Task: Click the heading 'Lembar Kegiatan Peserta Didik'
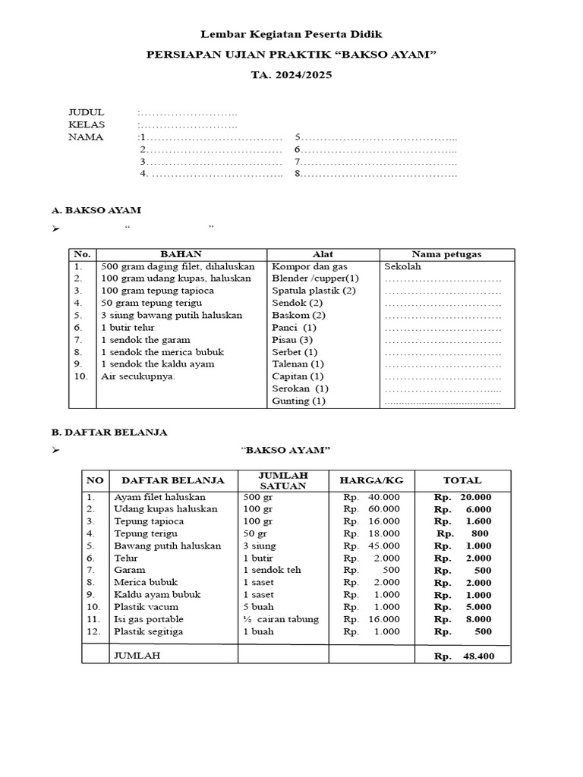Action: [291, 34]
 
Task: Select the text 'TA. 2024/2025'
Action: [291, 75]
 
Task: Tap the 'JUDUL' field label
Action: [86, 112]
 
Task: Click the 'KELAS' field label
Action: [87, 124]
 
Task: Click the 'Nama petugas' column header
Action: [446, 254]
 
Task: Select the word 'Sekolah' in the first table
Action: [402, 266]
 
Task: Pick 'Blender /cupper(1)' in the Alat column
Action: [315, 278]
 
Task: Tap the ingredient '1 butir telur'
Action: [127, 327]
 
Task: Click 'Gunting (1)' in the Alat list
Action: [298, 401]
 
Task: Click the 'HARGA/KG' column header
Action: [371, 480]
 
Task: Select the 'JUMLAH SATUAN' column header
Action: [283, 480]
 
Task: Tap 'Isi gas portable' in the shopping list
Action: [148, 619]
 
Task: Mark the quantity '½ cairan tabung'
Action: [281, 619]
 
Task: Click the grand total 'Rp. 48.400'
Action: [464, 656]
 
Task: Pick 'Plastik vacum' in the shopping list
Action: [147, 607]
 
